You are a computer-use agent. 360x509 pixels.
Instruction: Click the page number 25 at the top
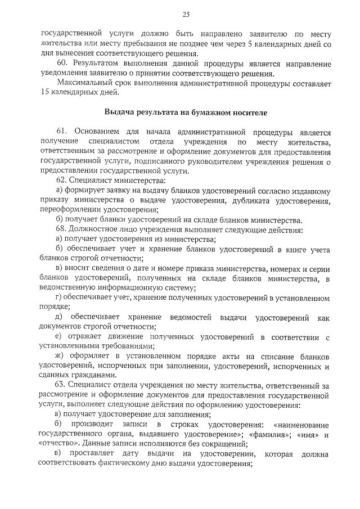186,14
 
